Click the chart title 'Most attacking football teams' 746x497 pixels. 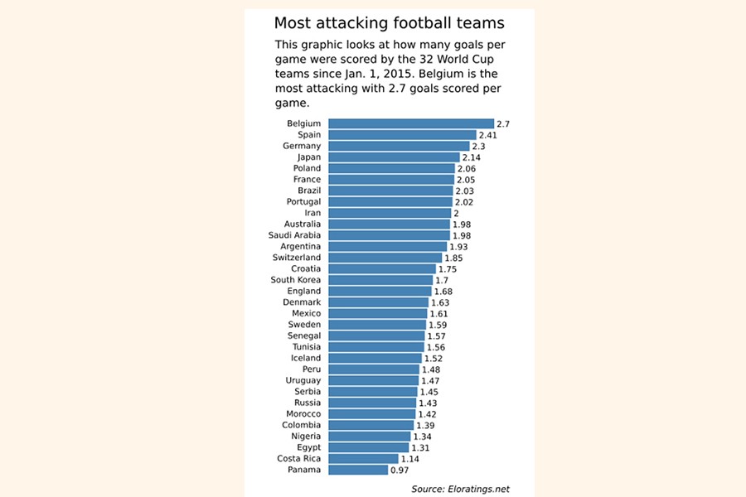[x=389, y=22]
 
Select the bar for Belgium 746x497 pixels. [x=411, y=123]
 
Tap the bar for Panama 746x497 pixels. [x=358, y=470]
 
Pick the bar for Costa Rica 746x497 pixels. [x=363, y=458]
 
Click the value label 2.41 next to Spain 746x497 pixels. [x=489, y=135]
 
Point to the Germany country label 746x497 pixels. [x=302, y=146]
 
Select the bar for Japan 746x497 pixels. [x=394, y=157]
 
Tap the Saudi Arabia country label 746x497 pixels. [x=294, y=235]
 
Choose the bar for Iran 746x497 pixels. [x=390, y=213]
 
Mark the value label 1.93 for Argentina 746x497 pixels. [x=459, y=247]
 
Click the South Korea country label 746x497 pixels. [x=296, y=280]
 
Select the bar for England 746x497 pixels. [x=380, y=292]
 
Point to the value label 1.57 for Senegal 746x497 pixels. [x=437, y=336]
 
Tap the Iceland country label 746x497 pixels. [x=306, y=359]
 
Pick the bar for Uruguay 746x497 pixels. [x=374, y=380]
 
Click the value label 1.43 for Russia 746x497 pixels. [x=428, y=403]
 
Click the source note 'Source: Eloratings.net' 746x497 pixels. [x=460, y=489]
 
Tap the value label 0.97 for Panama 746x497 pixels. [x=400, y=470]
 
